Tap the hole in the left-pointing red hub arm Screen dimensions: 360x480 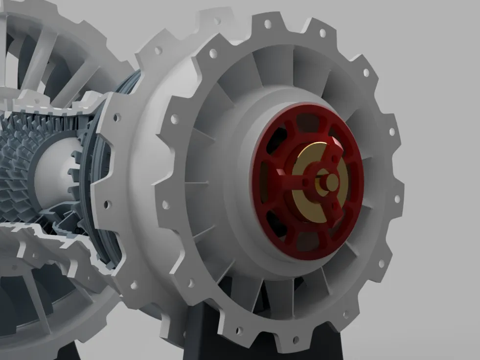tap(306, 182)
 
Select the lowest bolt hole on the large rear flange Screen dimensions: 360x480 tap(296, 339)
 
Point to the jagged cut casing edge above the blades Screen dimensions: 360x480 tap(49, 105)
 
